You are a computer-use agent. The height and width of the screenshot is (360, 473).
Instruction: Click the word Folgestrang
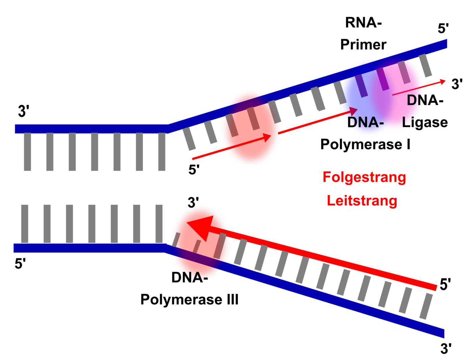(x=364, y=177)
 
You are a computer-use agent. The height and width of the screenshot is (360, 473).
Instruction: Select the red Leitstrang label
(x=362, y=201)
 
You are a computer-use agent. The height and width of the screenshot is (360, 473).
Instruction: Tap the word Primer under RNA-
(x=363, y=45)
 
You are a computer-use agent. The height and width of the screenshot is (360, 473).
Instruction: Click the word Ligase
(x=425, y=122)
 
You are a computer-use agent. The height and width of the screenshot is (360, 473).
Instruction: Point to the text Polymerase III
(x=190, y=299)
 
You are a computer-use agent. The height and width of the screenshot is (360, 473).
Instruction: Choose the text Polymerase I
(x=365, y=144)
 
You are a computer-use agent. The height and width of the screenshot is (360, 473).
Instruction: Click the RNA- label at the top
(x=363, y=23)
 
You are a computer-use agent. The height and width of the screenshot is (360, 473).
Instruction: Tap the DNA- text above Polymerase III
(x=190, y=278)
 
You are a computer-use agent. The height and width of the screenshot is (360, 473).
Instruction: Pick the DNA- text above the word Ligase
(x=425, y=100)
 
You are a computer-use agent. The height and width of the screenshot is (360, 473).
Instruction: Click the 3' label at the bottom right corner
(x=446, y=349)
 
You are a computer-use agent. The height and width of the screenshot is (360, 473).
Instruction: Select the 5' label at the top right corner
(x=443, y=28)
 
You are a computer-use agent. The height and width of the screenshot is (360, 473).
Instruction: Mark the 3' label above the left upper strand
(x=24, y=111)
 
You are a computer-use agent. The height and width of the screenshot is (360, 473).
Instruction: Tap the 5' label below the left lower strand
(x=20, y=264)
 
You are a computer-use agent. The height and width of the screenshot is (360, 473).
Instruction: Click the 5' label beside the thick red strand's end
(x=445, y=285)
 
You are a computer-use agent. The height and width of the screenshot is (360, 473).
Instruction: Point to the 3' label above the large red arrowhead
(x=193, y=202)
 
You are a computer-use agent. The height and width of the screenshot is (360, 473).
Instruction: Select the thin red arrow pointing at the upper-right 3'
(x=419, y=88)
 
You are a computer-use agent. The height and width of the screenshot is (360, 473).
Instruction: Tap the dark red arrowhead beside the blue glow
(x=353, y=111)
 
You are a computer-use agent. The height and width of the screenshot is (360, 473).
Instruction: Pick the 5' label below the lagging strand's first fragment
(x=194, y=169)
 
